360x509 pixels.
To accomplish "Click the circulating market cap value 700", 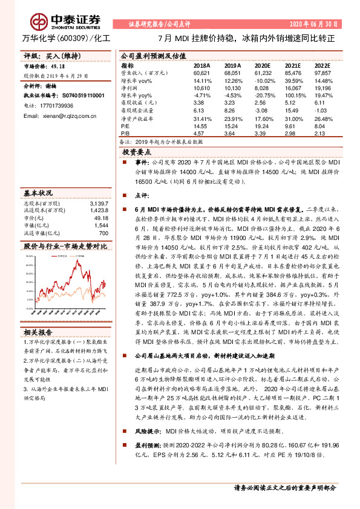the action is (103, 233).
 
